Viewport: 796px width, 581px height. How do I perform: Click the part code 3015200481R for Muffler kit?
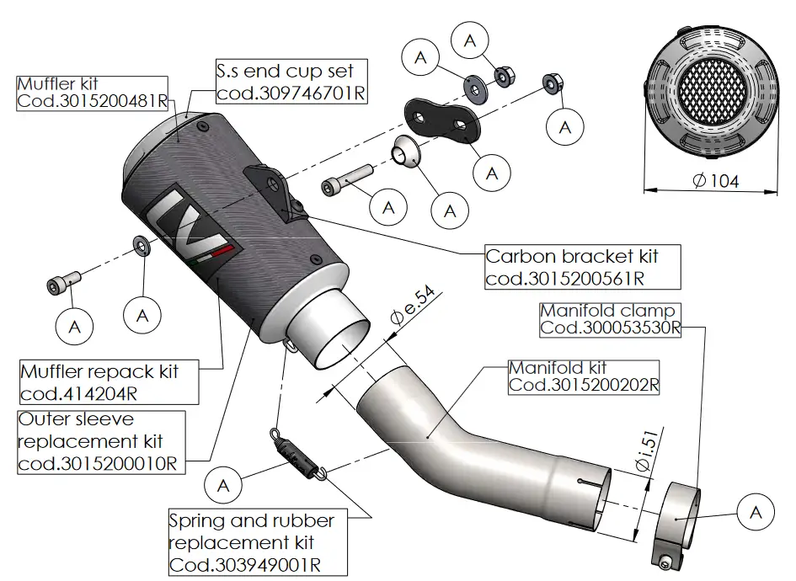click(x=93, y=101)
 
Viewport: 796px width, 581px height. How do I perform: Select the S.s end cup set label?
click(x=285, y=71)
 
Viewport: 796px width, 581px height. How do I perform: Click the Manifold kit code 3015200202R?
click(x=584, y=386)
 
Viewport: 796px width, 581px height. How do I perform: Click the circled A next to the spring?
click(x=223, y=485)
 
